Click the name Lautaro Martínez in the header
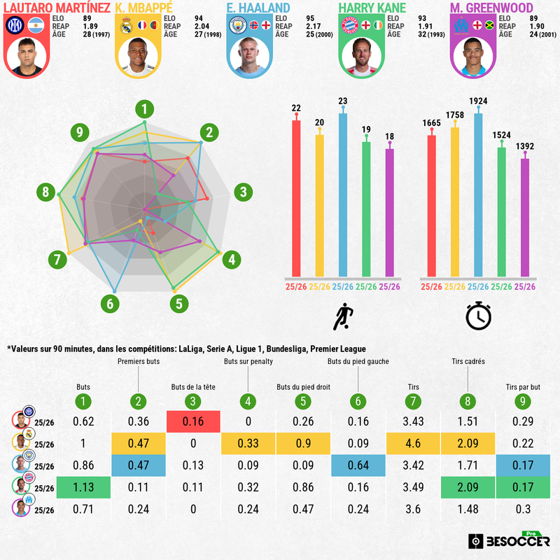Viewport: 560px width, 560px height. (54, 7)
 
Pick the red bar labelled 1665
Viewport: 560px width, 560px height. (432, 206)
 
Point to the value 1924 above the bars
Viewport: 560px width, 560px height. (479, 101)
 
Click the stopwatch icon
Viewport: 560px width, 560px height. (479, 316)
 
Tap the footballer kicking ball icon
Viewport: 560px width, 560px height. (343, 317)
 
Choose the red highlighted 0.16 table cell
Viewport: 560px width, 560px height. (193, 421)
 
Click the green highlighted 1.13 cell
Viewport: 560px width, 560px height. (83, 489)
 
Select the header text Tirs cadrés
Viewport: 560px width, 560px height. (468, 362)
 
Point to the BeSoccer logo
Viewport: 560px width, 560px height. (510, 540)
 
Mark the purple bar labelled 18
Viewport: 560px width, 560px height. (390, 212)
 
